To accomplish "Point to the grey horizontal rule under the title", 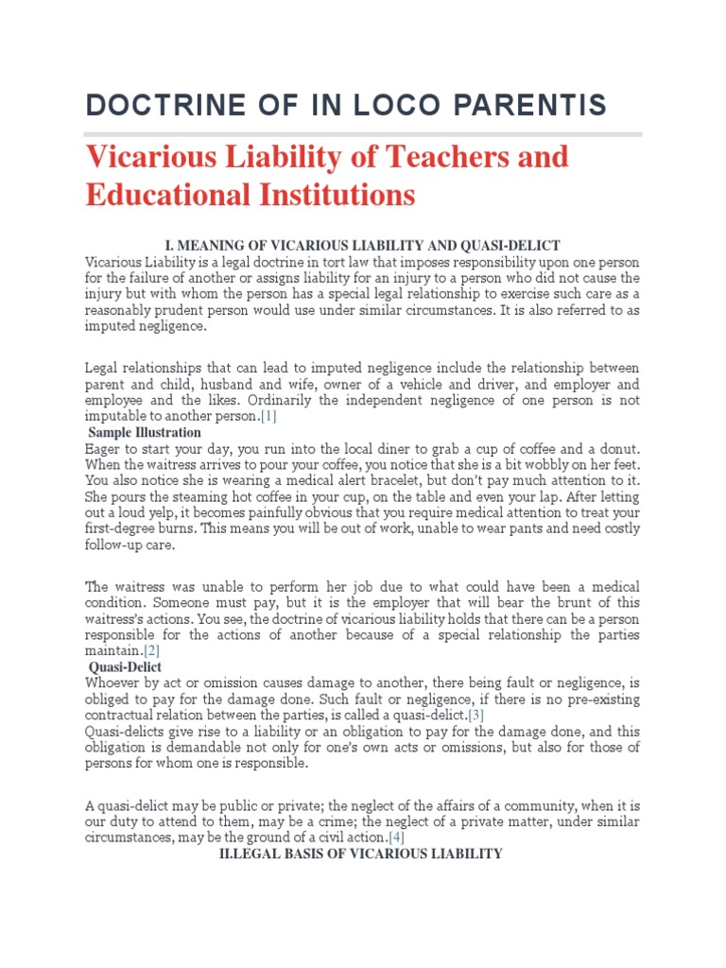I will (x=363, y=134).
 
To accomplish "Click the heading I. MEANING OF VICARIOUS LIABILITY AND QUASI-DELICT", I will (x=362, y=245).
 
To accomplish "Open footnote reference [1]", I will (x=269, y=416).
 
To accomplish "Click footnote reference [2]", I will (x=151, y=651).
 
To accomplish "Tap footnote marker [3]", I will (x=475, y=715).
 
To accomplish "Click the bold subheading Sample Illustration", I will (x=145, y=432).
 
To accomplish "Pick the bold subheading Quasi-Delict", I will (x=125, y=667).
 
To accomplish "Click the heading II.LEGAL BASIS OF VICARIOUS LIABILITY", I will (x=360, y=855).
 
